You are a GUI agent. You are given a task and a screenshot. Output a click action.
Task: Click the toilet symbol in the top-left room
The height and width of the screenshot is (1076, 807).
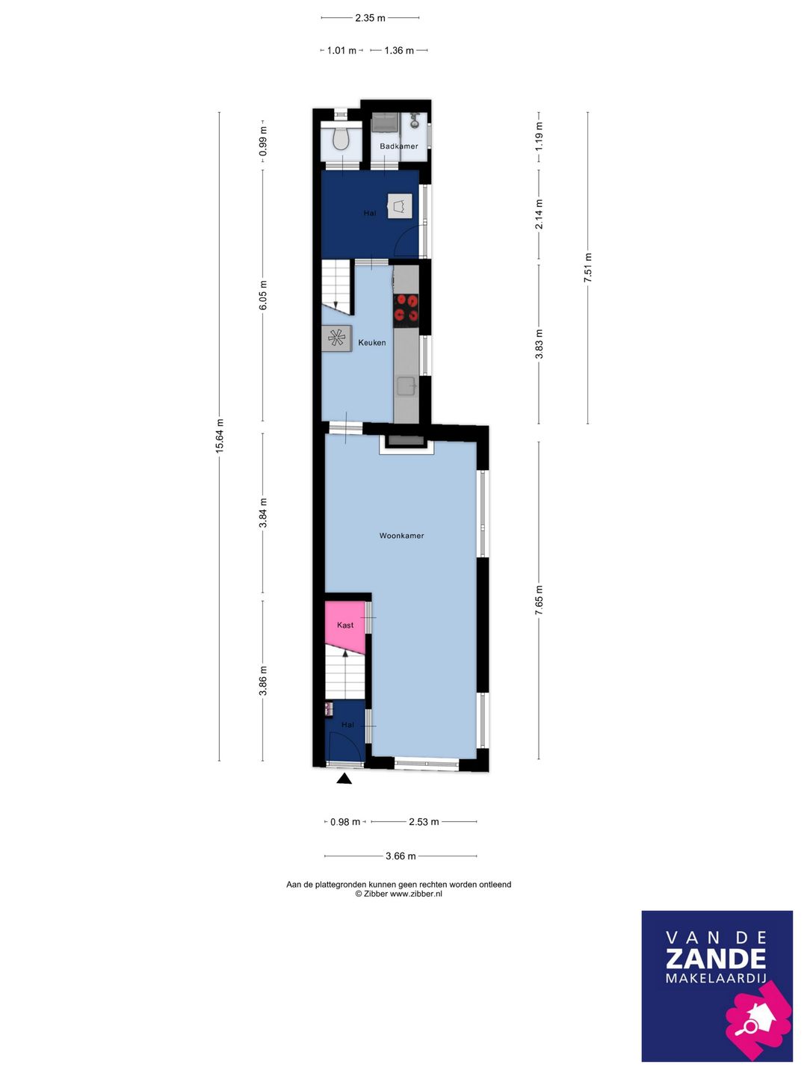341,139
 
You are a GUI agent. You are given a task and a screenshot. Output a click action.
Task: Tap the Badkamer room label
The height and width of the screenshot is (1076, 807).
399,146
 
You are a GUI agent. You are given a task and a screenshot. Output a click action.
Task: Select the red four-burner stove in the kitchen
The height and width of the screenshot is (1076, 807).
406,308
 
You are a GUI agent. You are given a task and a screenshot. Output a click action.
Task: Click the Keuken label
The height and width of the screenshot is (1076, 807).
372,343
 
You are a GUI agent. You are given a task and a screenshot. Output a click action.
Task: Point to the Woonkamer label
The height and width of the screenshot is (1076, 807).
401,536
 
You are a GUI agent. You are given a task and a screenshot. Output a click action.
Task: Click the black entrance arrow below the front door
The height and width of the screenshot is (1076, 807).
344,779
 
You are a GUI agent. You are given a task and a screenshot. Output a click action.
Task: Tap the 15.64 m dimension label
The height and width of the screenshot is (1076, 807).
220,436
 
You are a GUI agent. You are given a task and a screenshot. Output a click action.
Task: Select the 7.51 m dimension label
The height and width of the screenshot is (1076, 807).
588,268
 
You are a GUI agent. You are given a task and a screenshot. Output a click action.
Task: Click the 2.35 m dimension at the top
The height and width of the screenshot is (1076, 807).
370,18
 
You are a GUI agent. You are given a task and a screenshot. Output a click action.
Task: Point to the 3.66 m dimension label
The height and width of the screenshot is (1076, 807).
401,856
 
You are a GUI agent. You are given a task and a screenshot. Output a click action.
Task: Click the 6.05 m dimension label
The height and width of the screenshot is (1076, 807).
263,294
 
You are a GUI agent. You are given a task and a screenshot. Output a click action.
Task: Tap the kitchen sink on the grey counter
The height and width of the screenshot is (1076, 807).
406,386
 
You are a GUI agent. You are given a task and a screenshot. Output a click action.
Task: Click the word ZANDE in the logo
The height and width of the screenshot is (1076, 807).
715,959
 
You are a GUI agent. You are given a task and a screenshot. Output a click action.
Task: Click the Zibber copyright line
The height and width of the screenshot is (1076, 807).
399,894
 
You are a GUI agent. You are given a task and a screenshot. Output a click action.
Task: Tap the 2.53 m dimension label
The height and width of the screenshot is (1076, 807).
424,822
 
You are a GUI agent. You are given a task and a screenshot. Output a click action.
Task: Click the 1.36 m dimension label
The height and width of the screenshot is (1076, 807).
399,51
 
